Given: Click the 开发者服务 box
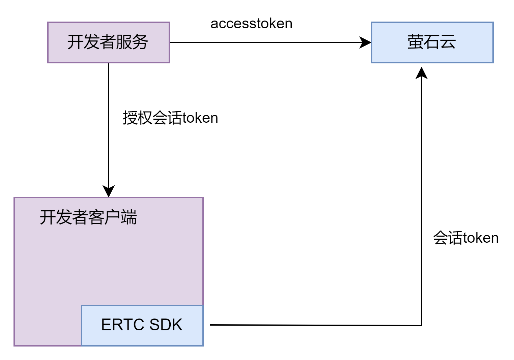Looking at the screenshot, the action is pyautogui.click(x=109, y=42).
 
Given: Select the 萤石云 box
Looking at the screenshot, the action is pyautogui.click(x=432, y=42).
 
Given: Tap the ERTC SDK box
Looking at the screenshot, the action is pyautogui.click(x=142, y=326).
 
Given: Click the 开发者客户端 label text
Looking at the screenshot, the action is pyautogui.click(x=88, y=217).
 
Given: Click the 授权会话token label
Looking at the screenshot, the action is pyautogui.click(x=171, y=118).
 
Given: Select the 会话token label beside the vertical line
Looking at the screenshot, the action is pyautogui.click(x=466, y=238).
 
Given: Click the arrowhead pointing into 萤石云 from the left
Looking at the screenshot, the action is pyautogui.click(x=365, y=42).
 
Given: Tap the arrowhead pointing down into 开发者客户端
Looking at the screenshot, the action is pyautogui.click(x=109, y=191).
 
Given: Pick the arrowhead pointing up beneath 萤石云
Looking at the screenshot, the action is pyautogui.click(x=422, y=73).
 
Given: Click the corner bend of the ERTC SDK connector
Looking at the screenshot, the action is pyautogui.click(x=422, y=325).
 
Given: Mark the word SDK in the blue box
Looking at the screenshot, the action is pyautogui.click(x=166, y=325).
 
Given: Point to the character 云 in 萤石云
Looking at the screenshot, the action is pyautogui.click(x=448, y=42).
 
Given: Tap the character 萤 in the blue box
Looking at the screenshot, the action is pyautogui.click(x=415, y=42).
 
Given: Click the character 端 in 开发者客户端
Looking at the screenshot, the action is pyautogui.click(x=129, y=217).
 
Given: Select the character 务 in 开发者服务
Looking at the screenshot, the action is pyautogui.click(x=140, y=42).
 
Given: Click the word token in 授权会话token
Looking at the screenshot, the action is pyautogui.click(x=200, y=118).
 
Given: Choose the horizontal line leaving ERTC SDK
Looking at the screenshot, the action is pyautogui.click(x=316, y=325).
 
